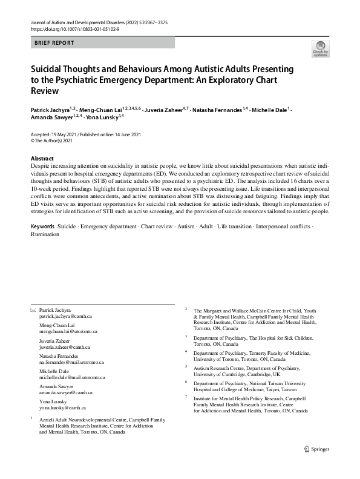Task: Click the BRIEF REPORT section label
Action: (x=54, y=43)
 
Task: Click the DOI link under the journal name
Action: (x=71, y=28)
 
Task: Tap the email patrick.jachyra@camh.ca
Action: (x=65, y=316)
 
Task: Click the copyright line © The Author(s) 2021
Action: (x=51, y=140)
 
